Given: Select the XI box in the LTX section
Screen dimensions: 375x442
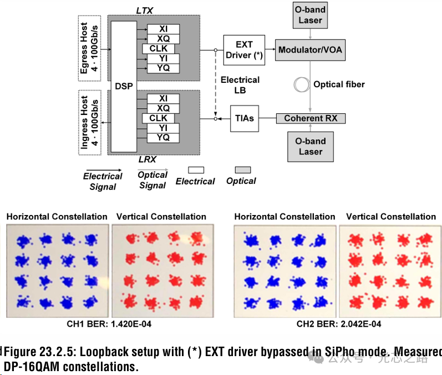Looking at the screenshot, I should (x=163, y=28).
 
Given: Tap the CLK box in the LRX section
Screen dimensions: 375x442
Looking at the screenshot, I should (x=158, y=118).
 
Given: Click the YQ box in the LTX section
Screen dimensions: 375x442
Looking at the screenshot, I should (x=163, y=68).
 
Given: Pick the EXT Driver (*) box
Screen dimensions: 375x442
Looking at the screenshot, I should (x=244, y=49).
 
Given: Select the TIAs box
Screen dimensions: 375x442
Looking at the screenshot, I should (x=244, y=118).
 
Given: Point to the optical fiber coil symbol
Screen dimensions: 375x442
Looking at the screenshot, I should (x=303, y=84).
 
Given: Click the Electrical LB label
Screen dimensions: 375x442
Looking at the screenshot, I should (x=240, y=84).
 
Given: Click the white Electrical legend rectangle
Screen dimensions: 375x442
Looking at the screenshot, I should (x=196, y=170).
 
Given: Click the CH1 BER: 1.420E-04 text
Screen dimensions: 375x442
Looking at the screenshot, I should (x=109, y=324).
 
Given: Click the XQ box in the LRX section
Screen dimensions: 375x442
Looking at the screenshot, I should (x=163, y=108).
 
